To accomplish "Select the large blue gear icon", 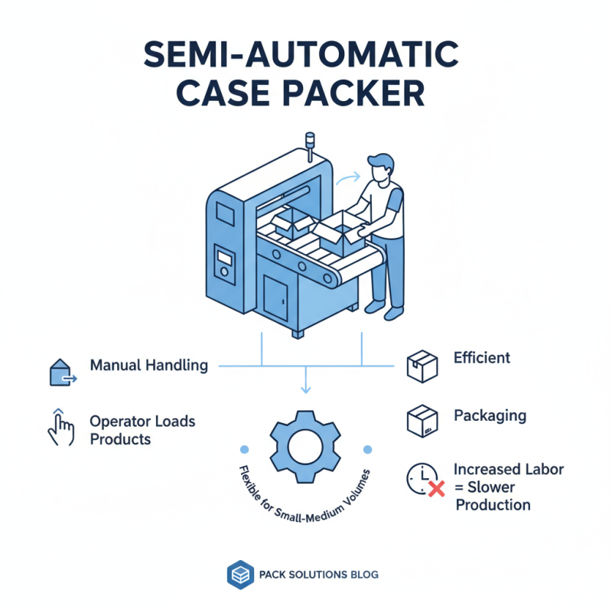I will (305, 444).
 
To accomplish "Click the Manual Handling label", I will (148, 365).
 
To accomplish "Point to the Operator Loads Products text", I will (142, 430).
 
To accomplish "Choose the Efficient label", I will (481, 357).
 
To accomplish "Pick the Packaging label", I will (490, 415).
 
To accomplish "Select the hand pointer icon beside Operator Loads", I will (60, 428).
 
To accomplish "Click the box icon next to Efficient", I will (422, 366).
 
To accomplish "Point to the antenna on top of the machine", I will (310, 145).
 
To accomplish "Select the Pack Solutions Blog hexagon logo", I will (239, 575).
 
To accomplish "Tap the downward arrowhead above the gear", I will (305, 390).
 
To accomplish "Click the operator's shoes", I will (382, 309).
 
